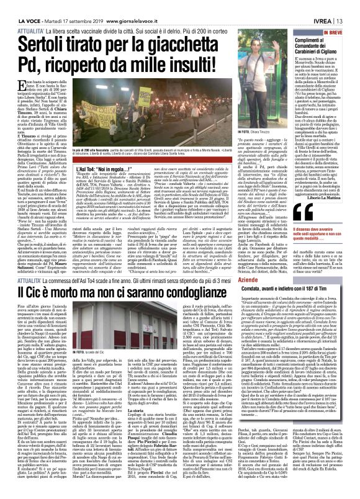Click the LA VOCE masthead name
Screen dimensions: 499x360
coord(19,6)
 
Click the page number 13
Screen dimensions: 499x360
coord(351,6)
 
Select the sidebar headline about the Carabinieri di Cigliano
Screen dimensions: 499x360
coord(325,47)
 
